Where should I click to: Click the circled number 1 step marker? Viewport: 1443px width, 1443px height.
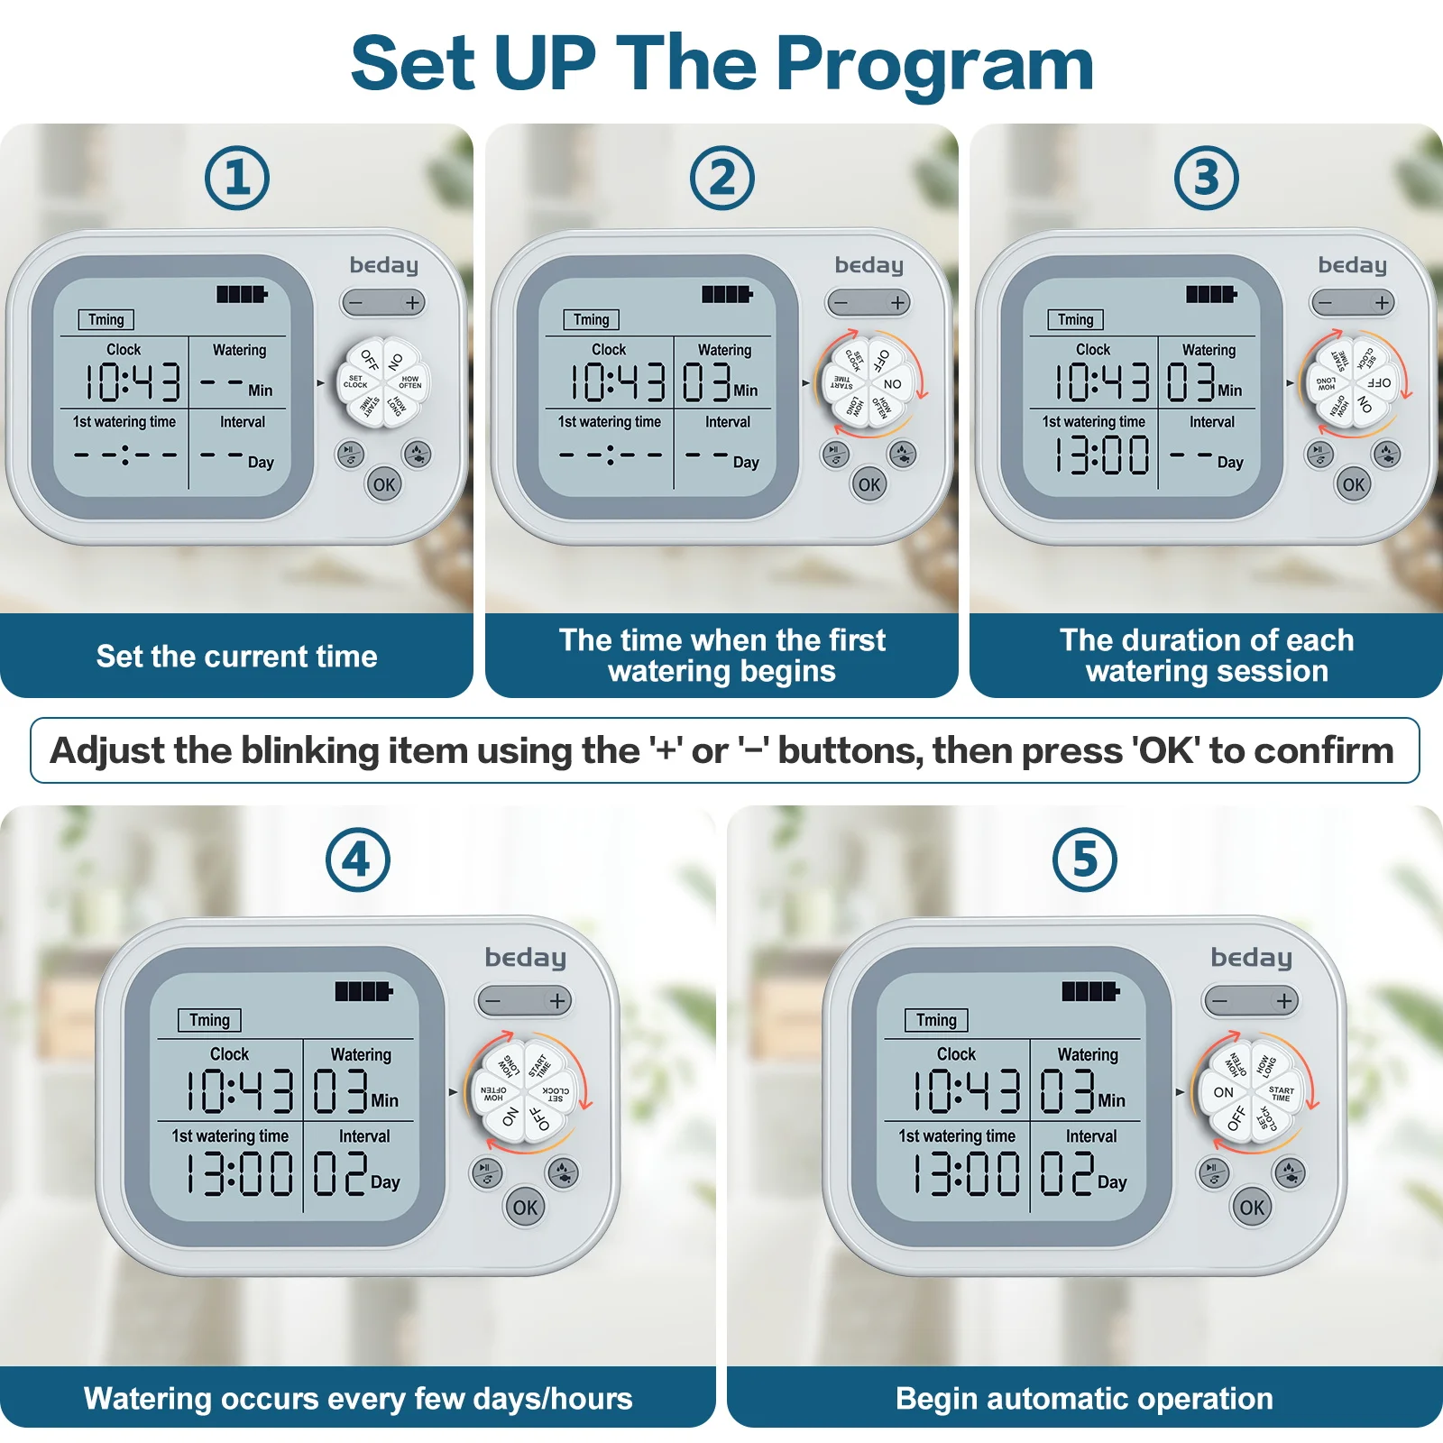click(x=237, y=178)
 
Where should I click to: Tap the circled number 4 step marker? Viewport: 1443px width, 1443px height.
click(x=358, y=859)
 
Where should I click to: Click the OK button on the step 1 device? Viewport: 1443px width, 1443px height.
click(x=384, y=484)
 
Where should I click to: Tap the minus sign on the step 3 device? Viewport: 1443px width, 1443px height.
click(x=1325, y=303)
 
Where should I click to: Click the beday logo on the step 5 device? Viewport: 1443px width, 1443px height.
click(x=1251, y=957)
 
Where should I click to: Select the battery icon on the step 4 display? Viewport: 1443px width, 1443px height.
click(x=363, y=991)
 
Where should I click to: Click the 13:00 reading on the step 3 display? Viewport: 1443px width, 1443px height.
click(x=1103, y=455)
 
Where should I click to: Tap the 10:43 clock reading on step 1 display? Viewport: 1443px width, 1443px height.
click(x=133, y=381)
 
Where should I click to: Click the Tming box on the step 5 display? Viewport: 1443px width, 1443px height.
click(x=936, y=1020)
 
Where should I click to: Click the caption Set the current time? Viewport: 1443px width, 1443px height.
click(x=236, y=656)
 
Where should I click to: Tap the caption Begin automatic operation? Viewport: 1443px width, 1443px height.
click(x=1084, y=1398)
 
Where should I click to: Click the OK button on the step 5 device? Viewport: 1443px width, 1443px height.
click(x=1252, y=1207)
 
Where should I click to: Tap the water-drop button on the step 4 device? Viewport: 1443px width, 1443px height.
click(x=563, y=1172)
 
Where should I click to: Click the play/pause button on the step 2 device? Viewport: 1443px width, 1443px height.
click(x=834, y=453)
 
